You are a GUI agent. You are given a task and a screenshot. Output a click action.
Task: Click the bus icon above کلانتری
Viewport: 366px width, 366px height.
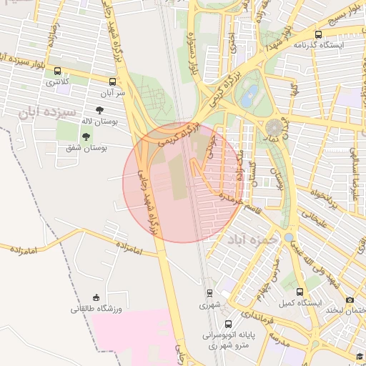(58, 71)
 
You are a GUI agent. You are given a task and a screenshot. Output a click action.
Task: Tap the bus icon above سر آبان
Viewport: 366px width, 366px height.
(113, 81)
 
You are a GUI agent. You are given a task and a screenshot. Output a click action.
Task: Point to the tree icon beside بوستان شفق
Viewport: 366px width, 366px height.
(86, 136)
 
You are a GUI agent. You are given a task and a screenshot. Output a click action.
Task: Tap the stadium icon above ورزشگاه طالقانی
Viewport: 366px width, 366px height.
(97, 297)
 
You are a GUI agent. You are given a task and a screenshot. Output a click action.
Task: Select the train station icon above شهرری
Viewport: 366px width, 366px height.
(209, 293)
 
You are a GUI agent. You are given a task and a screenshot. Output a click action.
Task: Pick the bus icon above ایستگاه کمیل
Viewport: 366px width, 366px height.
(299, 292)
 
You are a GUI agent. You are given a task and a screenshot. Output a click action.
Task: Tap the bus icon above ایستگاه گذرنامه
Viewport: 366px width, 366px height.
(317, 34)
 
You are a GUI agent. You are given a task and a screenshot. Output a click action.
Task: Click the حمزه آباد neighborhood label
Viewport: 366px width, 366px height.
(251, 239)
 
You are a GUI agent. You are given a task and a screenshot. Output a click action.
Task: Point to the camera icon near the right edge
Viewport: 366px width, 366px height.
(350, 300)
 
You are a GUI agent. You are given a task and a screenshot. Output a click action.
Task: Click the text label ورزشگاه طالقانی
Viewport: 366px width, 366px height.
(97, 309)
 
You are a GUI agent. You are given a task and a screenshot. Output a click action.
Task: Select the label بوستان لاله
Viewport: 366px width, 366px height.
(109, 122)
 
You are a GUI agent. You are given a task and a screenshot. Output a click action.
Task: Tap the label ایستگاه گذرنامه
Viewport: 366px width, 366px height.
(318, 45)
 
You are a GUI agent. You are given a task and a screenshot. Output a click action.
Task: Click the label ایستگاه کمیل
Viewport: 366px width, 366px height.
(297, 303)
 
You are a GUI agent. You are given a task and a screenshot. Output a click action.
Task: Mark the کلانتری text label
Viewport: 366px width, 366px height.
(58, 83)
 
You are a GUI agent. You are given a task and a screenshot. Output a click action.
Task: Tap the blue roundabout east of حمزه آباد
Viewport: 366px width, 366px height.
(288, 237)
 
